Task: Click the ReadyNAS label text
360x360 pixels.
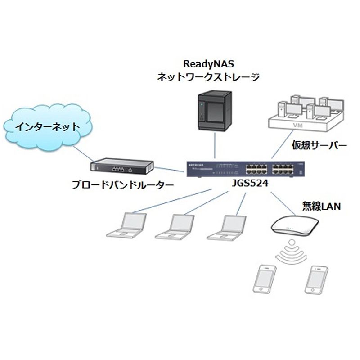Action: [x=208, y=64]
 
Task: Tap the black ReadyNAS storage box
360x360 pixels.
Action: [x=215, y=111]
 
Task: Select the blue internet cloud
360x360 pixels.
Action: [x=48, y=127]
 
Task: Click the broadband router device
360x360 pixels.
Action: [x=122, y=166]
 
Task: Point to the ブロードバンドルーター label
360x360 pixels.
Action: [x=122, y=185]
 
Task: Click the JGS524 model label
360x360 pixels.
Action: [x=250, y=183]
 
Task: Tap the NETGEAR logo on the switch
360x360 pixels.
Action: [x=196, y=165]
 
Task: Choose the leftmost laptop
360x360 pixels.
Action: [x=126, y=225]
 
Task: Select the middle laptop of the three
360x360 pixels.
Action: [x=175, y=227]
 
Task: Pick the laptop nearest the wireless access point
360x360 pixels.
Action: [x=226, y=227]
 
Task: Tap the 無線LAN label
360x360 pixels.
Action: [x=321, y=206]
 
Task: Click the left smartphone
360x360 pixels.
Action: [x=265, y=279]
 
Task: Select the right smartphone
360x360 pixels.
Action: [x=316, y=280]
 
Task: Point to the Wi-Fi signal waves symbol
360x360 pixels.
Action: [x=292, y=252]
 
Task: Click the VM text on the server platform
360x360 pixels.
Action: [x=298, y=126]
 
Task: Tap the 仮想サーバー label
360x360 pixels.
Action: [x=319, y=145]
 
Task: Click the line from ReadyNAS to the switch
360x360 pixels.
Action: [x=215, y=145]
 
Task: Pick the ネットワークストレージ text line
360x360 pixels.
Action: [x=208, y=77]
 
